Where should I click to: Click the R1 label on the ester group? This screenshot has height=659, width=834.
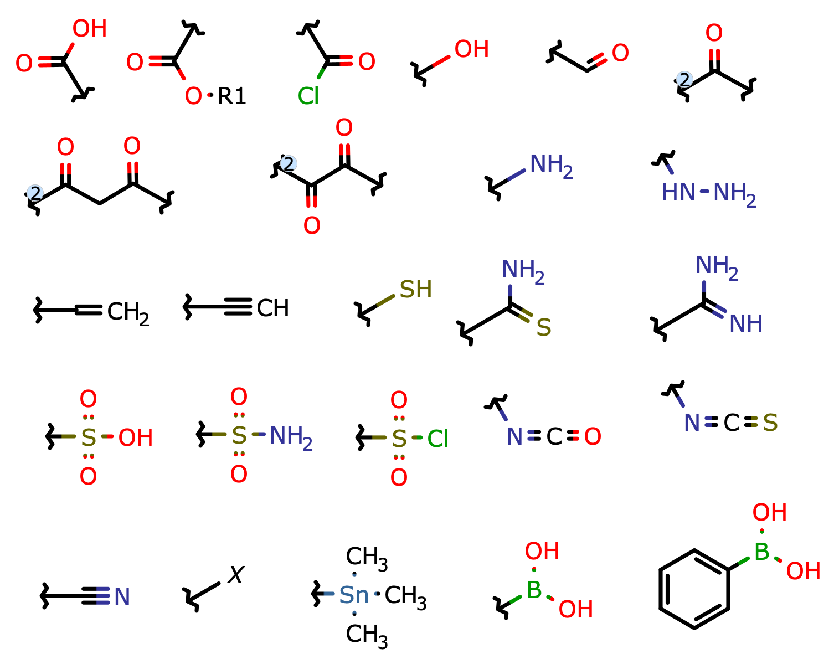231,96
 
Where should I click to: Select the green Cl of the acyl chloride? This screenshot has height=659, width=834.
308,96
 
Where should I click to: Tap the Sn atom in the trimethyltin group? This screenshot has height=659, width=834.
354,595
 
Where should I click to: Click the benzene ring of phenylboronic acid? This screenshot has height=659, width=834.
694,589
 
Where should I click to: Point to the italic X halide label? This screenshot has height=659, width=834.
236,575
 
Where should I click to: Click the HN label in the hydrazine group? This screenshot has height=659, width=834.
678,193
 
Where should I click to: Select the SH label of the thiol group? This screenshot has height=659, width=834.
415,290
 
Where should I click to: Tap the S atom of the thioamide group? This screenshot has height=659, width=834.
544,328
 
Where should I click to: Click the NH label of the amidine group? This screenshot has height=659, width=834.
745,324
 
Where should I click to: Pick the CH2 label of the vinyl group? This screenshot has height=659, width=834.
127,312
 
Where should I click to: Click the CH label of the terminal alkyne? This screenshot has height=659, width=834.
272,308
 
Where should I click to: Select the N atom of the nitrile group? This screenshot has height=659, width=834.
122,597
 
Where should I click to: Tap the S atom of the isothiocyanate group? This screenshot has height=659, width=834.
770,424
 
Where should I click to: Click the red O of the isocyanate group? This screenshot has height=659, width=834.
593,437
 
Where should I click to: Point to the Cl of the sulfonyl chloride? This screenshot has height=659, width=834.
437,439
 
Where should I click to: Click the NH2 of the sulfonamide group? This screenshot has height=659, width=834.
290,436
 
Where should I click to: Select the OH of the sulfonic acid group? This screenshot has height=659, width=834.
135,438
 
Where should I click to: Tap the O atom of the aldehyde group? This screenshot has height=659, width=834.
620,53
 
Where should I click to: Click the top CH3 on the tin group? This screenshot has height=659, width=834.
366,557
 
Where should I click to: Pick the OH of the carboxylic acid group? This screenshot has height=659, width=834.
89,29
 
